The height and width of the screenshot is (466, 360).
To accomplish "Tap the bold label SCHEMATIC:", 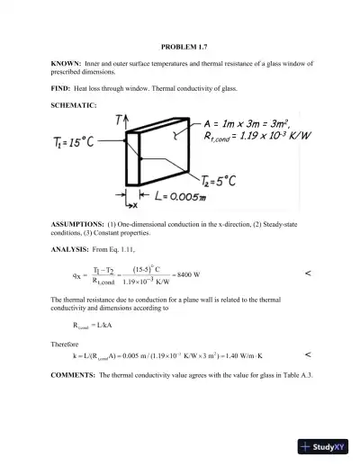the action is tap(73, 108).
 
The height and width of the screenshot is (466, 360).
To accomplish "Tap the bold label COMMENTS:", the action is tap(74, 373).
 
